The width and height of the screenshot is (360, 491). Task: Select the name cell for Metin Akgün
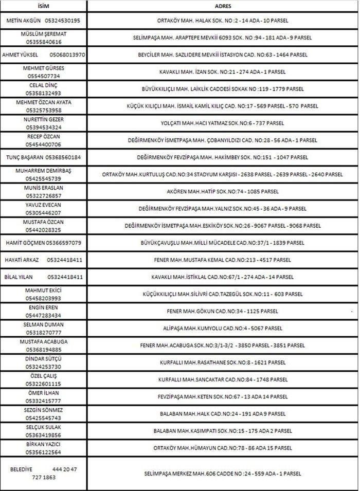(x=27, y=21)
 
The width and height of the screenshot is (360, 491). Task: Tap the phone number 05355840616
(x=44, y=42)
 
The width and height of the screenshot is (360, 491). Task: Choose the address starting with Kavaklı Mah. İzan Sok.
(x=223, y=72)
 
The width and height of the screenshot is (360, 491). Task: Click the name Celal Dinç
(x=44, y=85)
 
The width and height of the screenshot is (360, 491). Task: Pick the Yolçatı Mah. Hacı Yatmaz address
(x=223, y=123)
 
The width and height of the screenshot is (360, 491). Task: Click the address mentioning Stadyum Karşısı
(x=223, y=174)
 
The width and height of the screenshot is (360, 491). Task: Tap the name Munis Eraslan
(x=44, y=188)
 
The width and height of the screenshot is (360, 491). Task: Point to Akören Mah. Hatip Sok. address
(x=223, y=191)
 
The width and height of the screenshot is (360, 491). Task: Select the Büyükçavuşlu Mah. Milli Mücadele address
(x=223, y=242)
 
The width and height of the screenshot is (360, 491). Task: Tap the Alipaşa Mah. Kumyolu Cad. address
(x=223, y=328)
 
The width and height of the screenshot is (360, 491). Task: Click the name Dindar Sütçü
(x=44, y=358)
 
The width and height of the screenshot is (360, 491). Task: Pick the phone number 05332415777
(x=44, y=401)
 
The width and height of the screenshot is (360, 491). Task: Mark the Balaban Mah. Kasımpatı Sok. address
(x=223, y=430)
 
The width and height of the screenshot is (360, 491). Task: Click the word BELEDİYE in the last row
(x=22, y=469)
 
